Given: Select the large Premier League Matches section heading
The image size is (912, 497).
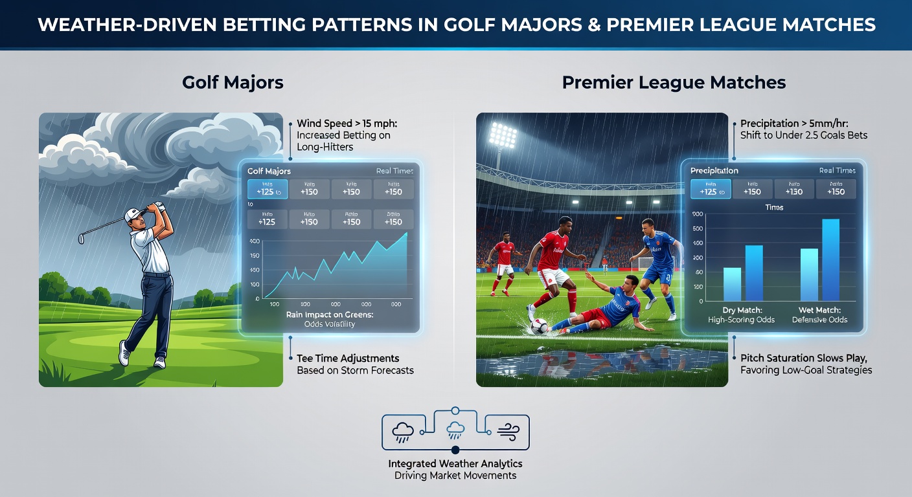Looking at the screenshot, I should click(x=674, y=83).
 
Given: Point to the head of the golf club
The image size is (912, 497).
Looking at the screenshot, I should click(x=82, y=239).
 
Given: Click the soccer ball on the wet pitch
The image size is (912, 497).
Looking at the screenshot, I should click(x=538, y=327).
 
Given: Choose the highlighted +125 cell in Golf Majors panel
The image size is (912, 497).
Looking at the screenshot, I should click(x=266, y=189).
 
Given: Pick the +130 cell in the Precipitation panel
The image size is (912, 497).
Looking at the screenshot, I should click(x=794, y=189).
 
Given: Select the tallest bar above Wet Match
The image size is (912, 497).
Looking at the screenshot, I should click(x=830, y=260).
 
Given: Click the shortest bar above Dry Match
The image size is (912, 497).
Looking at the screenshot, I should click(x=732, y=284).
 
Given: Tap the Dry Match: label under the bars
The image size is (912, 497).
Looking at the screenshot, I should click(x=741, y=310).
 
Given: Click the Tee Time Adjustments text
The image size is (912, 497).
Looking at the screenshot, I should click(x=347, y=359).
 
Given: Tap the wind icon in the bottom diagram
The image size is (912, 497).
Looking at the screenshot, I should click(x=506, y=432).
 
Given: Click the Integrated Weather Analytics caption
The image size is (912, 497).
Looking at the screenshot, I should click(x=455, y=464).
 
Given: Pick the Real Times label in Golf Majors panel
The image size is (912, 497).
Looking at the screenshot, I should click(x=394, y=171).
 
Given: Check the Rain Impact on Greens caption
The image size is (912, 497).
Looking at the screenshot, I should click(x=329, y=315).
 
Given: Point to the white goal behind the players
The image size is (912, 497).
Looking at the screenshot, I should click(x=644, y=265).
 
